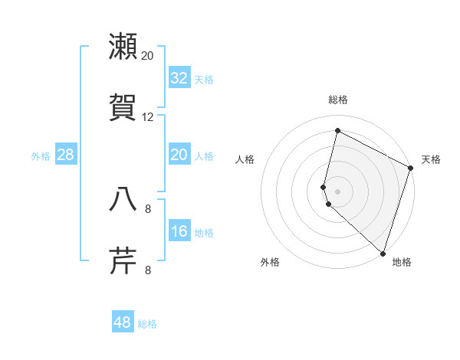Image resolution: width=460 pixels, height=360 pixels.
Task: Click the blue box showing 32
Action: pos(179,78)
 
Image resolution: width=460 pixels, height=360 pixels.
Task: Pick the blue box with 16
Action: pos(179,231)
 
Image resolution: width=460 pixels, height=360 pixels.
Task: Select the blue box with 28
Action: pos(65,155)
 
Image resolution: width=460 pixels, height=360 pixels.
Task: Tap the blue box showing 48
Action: pos(122,322)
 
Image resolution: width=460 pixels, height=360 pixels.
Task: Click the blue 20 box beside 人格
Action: pos(179,155)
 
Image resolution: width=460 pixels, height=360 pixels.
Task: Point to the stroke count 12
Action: pos(148,117)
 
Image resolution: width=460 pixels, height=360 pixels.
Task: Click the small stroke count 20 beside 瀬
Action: pos(148,55)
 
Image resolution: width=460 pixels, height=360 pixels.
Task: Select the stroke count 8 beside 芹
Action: pos(148,270)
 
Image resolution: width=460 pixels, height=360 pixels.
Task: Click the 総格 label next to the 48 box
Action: pos(147,324)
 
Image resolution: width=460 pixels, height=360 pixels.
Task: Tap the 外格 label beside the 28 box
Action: pos(41,156)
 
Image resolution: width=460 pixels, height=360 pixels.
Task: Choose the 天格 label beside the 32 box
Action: pos(204,80)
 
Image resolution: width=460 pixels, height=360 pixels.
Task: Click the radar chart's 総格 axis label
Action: pos(338,100)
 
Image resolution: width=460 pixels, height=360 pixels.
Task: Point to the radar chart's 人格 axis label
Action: pos(245,159)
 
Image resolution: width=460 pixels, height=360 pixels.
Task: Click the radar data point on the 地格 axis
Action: pos(383,253)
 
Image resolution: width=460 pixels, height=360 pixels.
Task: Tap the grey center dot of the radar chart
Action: pos(338,191)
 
